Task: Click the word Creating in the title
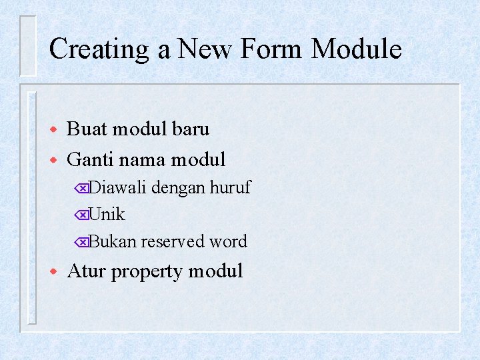99,50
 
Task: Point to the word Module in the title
356,50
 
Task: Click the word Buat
87,129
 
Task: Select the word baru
190,129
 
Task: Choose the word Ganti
92,159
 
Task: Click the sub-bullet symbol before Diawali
81,189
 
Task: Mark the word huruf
230,188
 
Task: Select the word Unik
107,215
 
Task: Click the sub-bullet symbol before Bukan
81,242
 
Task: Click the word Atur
87,271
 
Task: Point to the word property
147,271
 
